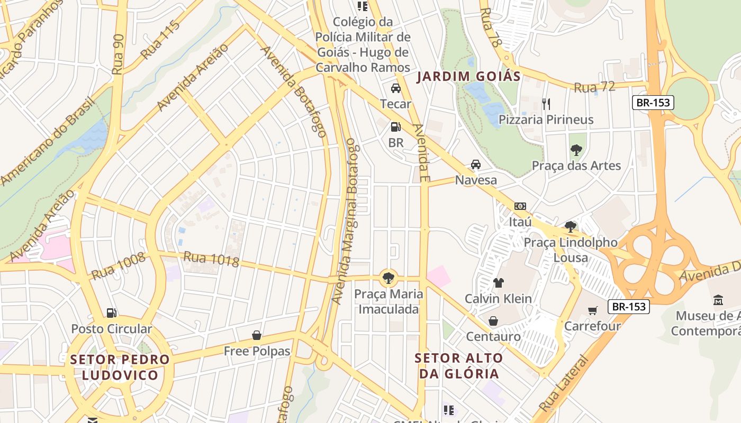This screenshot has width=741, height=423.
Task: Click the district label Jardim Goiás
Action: pos(468,76)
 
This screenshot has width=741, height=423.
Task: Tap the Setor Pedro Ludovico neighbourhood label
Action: pos(120,367)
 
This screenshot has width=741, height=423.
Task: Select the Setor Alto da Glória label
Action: pos(459,365)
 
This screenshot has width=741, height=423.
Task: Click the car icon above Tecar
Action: pos(395,88)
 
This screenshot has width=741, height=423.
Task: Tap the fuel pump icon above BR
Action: pos(395,127)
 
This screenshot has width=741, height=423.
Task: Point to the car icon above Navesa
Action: pos(476,164)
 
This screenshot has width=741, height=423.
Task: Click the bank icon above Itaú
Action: pos(520,206)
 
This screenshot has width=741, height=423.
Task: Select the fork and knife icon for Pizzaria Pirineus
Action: pos(546,104)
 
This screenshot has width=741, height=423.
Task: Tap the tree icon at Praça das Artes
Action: pos(576,150)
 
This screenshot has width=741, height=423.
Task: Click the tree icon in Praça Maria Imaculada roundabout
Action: pos(388,277)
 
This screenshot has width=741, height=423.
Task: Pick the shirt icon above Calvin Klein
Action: pos(498,283)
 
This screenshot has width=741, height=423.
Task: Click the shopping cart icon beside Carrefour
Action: pos(592,310)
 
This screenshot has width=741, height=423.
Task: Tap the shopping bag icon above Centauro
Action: pos(493,321)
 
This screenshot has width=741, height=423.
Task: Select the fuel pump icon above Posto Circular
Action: pos(111,313)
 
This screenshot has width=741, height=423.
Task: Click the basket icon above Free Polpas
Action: pos(257,335)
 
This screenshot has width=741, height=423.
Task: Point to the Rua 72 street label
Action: pos(595,87)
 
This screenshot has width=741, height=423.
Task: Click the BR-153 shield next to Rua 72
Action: pos(653,103)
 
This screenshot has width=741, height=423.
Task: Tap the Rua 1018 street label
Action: pos(211,259)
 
